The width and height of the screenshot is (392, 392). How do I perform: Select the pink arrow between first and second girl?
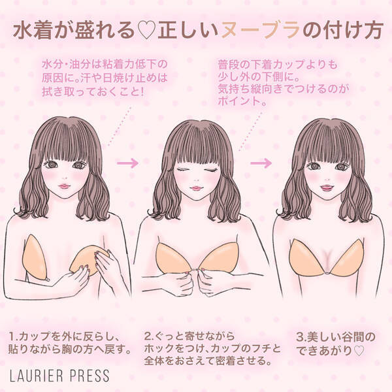point(127,163)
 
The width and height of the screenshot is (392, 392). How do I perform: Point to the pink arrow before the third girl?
point(261,163)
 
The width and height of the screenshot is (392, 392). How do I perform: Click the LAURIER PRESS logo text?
point(59,375)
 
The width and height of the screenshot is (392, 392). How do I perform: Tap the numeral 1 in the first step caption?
point(12,336)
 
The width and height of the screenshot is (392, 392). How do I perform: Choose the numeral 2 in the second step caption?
point(148,336)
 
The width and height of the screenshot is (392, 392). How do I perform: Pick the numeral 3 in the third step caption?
point(299,337)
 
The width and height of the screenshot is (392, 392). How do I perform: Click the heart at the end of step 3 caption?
point(359,351)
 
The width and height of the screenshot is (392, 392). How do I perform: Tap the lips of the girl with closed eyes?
point(196,188)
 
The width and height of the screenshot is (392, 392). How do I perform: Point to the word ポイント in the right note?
point(239,101)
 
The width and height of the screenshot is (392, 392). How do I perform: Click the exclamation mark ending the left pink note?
point(142,91)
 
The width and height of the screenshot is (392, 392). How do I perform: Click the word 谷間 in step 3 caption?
point(350,337)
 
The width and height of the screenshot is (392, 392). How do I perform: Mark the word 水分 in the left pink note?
point(53,65)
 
